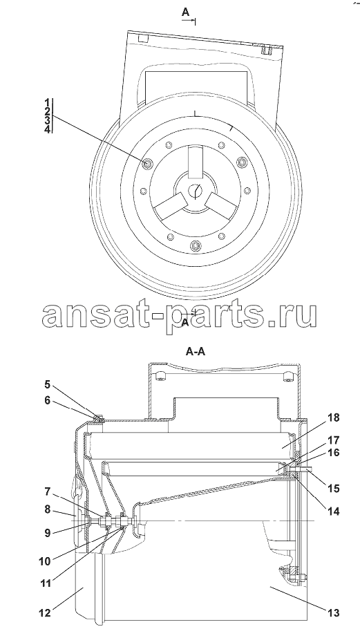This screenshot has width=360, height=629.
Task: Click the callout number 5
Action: coord(48,385)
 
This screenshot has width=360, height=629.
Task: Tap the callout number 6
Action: coord(48,400)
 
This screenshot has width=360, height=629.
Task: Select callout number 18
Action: coord(333,418)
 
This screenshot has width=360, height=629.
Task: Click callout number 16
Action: coord(333,453)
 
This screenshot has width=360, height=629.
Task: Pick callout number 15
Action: coord(333,489)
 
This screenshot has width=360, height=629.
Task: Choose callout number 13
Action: coord(333,612)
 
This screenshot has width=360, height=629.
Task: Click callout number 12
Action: coord(45,613)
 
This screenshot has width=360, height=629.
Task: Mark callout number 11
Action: coord(45,583)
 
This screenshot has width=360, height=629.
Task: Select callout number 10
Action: coord(45,561)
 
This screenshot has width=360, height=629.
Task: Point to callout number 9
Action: coord(48,533)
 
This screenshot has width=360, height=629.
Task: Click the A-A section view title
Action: coord(196,352)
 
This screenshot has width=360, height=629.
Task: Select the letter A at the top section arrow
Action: coord(185,12)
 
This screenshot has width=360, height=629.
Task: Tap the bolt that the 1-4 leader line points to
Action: coord(149,162)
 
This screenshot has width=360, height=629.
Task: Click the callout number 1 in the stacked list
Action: coord(48,102)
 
